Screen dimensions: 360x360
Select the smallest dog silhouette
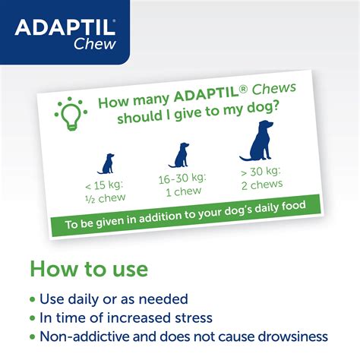click(107, 163)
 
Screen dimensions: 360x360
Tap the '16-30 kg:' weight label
click(182, 180)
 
